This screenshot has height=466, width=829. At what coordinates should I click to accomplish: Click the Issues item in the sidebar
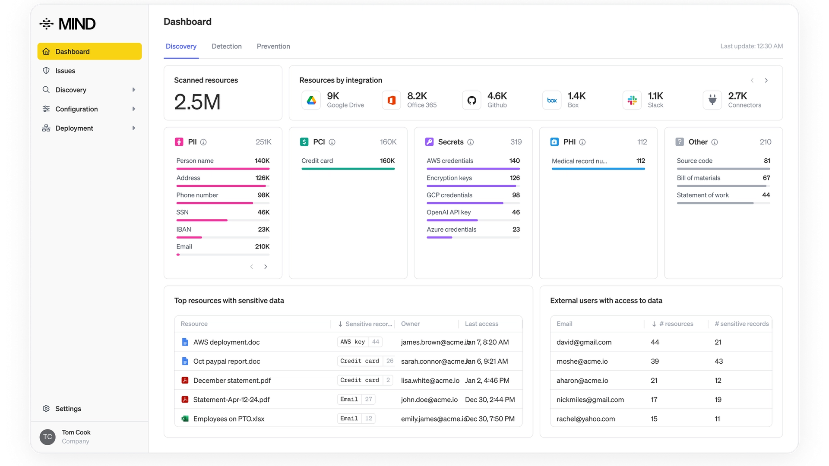tap(65, 71)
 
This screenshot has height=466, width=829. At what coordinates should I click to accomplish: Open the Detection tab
tap(226, 46)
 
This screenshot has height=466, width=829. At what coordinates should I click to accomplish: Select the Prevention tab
tap(273, 46)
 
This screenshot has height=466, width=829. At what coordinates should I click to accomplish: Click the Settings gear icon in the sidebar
tap(46, 409)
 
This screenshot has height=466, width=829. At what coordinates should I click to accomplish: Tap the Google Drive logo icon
tap(311, 100)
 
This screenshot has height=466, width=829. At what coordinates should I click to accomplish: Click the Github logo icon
tap(471, 100)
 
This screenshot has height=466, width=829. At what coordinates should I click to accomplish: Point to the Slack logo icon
tap(632, 100)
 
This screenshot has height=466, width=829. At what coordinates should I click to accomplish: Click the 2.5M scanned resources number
tap(197, 102)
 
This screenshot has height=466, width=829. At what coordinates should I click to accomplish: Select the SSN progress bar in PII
tap(202, 220)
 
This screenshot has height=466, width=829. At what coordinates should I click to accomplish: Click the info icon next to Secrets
tap(471, 142)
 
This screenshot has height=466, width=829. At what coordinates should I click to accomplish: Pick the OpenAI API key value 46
tap(516, 212)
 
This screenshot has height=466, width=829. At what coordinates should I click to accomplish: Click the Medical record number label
tap(579, 161)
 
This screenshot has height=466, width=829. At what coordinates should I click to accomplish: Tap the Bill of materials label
tap(698, 178)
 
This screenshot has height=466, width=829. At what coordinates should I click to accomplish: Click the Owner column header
tap(410, 324)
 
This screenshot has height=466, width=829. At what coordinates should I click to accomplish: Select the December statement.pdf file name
tap(232, 381)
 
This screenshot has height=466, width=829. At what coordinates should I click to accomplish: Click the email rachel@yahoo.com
tap(585, 419)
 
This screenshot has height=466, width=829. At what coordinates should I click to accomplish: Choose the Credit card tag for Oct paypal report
tap(360, 361)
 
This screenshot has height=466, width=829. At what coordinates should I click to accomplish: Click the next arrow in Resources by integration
tap(766, 80)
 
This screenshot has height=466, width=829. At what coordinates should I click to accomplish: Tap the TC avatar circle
tap(47, 437)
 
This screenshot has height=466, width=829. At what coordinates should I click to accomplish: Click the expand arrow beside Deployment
tap(134, 128)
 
